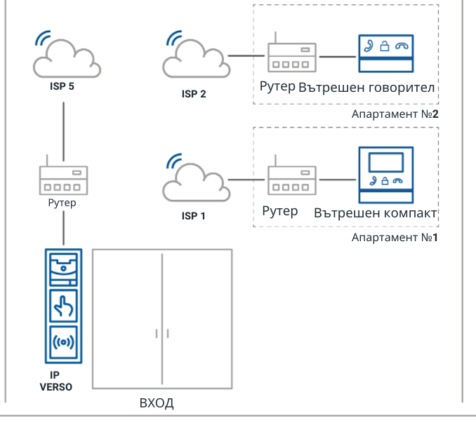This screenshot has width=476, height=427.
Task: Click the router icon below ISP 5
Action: tap(64, 180)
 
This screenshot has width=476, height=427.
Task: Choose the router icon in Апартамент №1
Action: tap(291, 180)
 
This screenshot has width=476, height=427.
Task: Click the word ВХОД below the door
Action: tap(157, 404)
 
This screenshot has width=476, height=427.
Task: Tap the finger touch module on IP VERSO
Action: tap(64, 307)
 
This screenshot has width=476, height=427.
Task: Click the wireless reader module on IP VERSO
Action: tap(64, 344)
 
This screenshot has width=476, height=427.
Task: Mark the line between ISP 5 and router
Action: tap(64, 133)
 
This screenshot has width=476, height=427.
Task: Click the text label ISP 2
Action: tap(193, 93)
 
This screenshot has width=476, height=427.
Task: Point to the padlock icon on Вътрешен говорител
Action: tap(384, 47)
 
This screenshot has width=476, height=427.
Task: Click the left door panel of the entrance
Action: tap(128, 319)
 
